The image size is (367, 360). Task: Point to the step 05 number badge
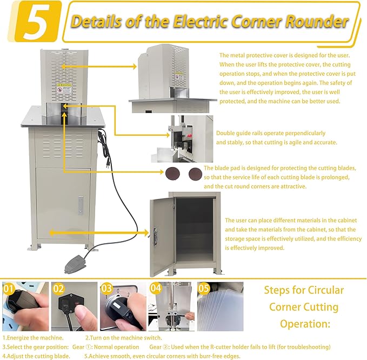point(204,289)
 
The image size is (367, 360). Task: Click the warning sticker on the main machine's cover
point(65,88)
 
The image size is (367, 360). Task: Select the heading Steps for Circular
point(304,290)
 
